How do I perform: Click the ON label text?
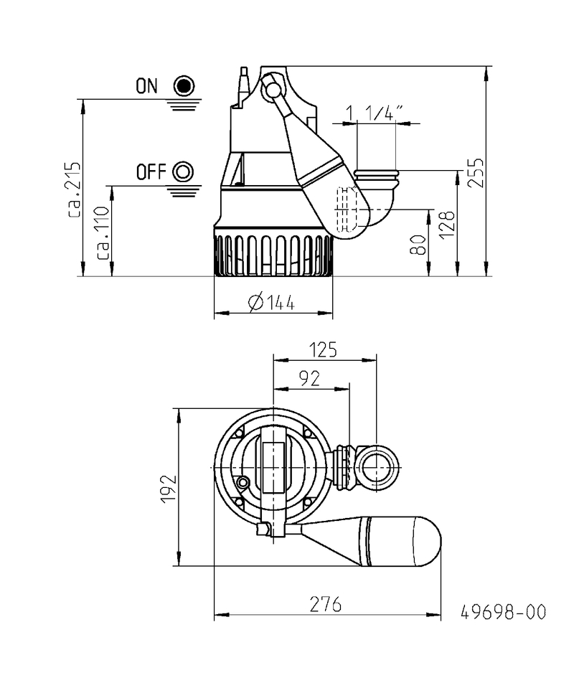pyautogui.click(x=146, y=87)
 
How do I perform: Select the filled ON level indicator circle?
pyautogui.click(x=184, y=86)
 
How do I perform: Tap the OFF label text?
pyautogui.click(x=151, y=172)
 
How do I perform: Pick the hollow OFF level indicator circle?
pyautogui.click(x=184, y=171)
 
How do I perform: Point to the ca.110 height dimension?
pyautogui.click(x=102, y=232)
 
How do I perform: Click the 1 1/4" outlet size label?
pyautogui.click(x=375, y=113)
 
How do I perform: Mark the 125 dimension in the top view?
pyautogui.click(x=324, y=350)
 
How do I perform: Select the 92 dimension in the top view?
pyautogui.click(x=309, y=379)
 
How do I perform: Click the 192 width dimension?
pyautogui.click(x=167, y=489)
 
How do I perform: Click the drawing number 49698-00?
pyautogui.click(x=503, y=612)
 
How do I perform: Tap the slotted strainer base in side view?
pyautogui.click(x=273, y=255)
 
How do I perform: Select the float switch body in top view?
pyautogui.click(x=387, y=541)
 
